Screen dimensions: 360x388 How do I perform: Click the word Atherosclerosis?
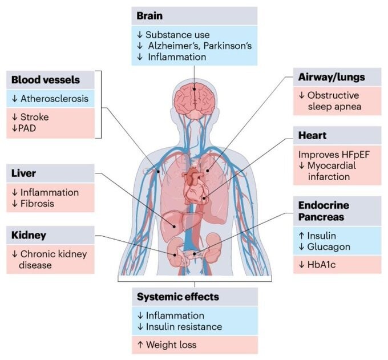54,99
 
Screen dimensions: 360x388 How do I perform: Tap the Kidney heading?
29,234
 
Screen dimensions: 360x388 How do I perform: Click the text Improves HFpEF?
331,154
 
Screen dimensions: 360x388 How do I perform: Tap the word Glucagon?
329,246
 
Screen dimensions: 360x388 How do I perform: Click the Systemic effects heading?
177,297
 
